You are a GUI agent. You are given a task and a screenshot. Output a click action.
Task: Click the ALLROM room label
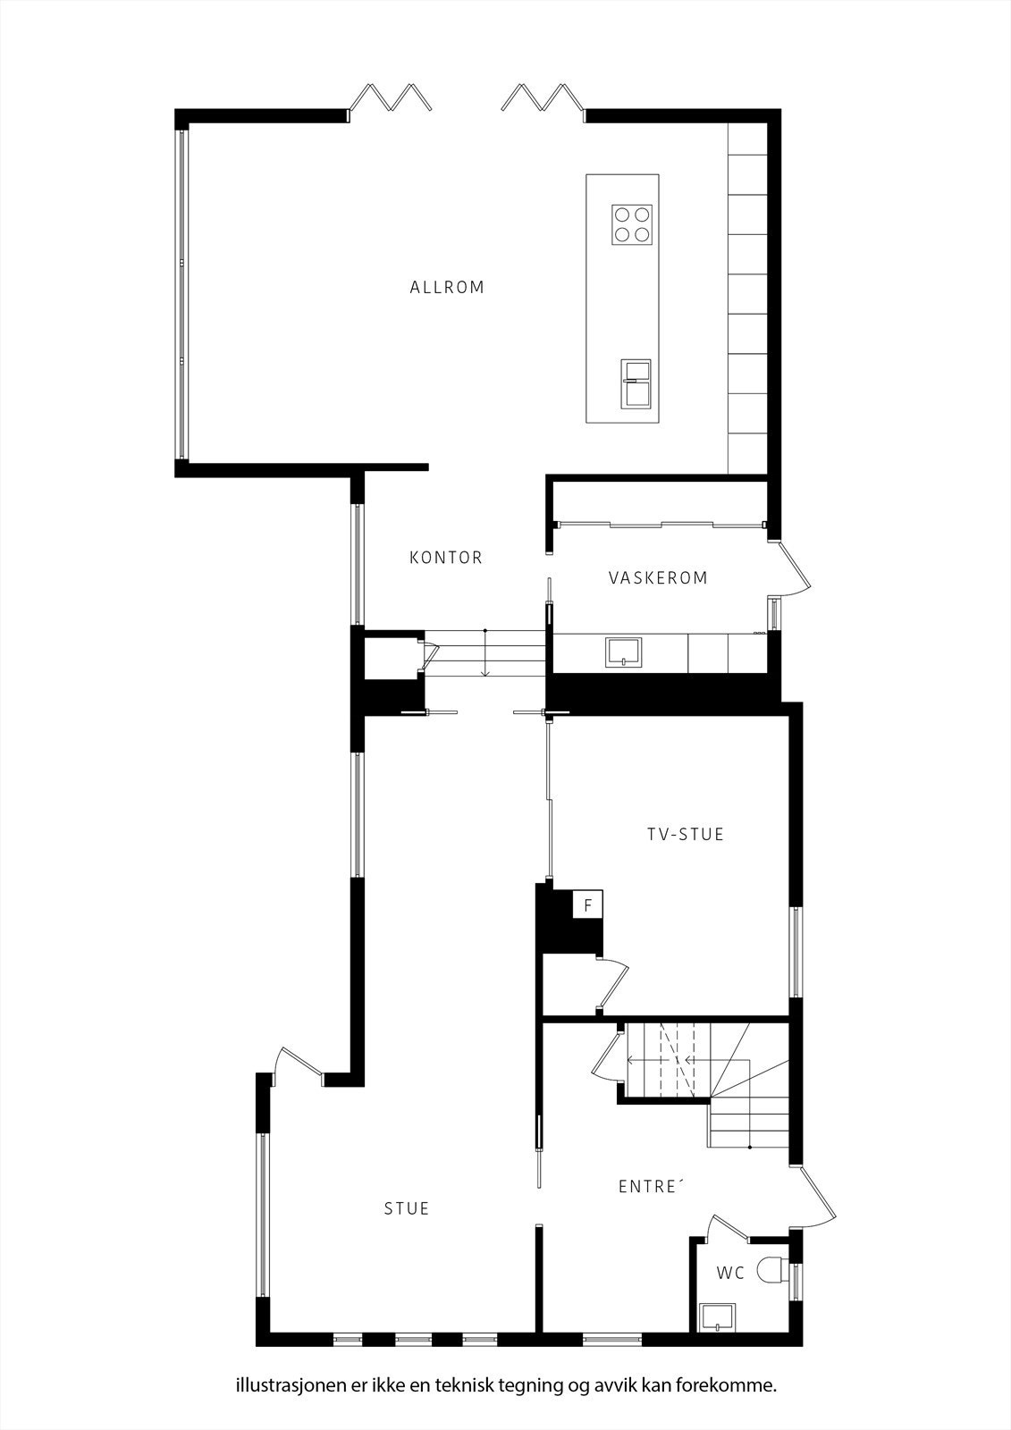pyautogui.click(x=447, y=288)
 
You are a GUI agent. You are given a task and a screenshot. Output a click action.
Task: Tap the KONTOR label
pyautogui.click(x=446, y=558)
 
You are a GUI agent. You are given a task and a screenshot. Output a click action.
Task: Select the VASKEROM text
pyautogui.click(x=658, y=578)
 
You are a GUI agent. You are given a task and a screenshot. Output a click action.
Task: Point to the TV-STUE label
pyautogui.click(x=686, y=835)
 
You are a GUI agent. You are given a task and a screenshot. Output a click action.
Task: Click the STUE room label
pyautogui.click(x=407, y=1209)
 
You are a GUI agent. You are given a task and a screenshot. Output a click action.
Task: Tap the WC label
pyautogui.click(x=730, y=1274)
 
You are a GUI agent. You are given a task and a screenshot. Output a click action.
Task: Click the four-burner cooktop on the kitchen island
pyautogui.click(x=631, y=224)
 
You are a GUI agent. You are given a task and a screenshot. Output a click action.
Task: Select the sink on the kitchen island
pyautogui.click(x=636, y=383)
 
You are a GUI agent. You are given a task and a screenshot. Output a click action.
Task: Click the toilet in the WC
pyautogui.click(x=770, y=1270)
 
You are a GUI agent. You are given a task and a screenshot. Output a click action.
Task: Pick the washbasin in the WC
pyautogui.click(x=717, y=1316)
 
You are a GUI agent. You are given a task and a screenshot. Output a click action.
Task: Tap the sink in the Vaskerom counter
pyautogui.click(x=623, y=652)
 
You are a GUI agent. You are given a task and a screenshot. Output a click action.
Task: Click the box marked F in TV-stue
pyautogui.click(x=587, y=905)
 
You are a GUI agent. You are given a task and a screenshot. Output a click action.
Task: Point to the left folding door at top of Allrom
pyautogui.click(x=392, y=97)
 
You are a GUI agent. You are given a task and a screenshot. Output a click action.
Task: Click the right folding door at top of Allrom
pyautogui.click(x=542, y=97)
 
